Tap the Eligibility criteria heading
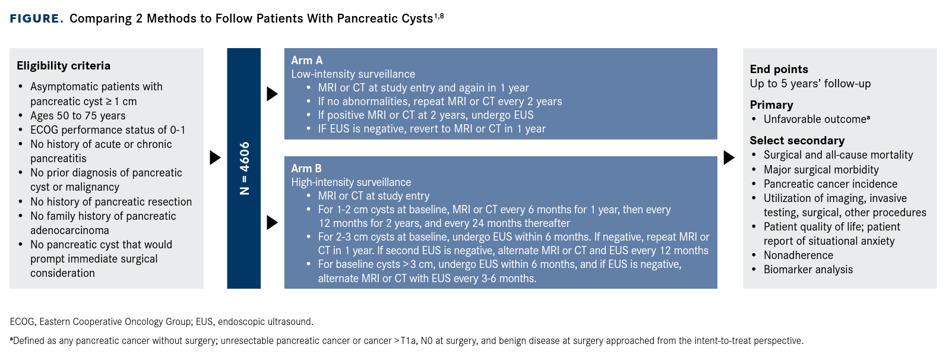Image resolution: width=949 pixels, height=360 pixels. (x=64, y=66)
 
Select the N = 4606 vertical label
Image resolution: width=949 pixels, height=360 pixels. (x=244, y=168)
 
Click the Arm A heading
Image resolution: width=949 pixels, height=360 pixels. (x=306, y=61)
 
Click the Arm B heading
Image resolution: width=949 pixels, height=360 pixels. (x=306, y=169)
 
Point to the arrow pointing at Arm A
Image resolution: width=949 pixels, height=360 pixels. (x=272, y=94)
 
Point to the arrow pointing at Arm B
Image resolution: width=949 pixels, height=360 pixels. (x=272, y=223)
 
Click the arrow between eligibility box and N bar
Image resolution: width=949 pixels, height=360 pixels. (x=215, y=157)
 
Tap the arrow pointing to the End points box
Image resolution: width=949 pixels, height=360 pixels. (x=729, y=157)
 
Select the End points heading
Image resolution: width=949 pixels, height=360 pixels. (x=779, y=70)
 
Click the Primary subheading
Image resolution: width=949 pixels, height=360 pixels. (x=771, y=105)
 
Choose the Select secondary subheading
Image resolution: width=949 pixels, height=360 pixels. (x=797, y=141)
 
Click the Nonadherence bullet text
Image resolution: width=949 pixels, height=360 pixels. (x=798, y=255)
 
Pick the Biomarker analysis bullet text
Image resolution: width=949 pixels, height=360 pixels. (x=808, y=270)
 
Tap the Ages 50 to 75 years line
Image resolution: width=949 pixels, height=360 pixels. (x=78, y=116)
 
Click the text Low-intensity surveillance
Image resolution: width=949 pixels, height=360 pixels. (x=353, y=74)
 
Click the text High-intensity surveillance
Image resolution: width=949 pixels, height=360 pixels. (x=351, y=182)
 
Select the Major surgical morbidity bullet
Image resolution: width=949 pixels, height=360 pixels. (x=821, y=170)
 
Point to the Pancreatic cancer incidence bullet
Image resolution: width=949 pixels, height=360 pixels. (x=830, y=184)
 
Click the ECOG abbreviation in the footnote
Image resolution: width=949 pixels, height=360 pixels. (x=22, y=322)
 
